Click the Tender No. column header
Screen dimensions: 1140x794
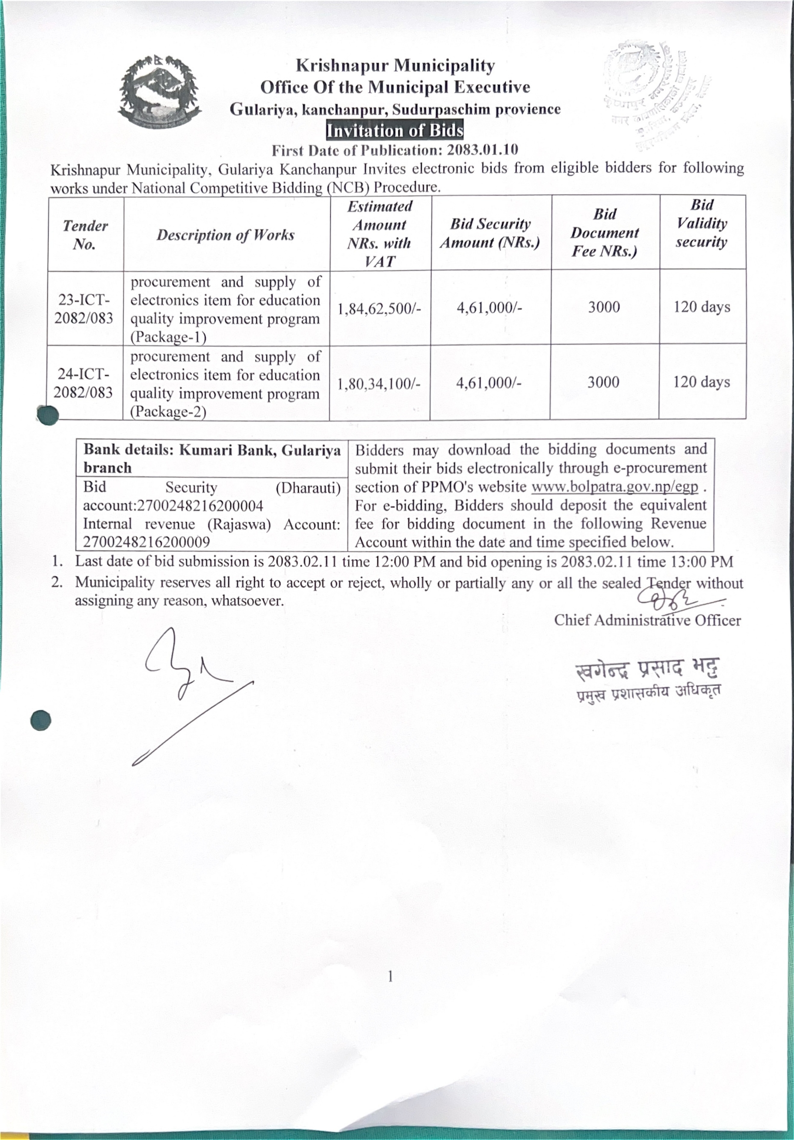click(x=85, y=235)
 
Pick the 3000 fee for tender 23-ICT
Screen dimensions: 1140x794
click(x=604, y=307)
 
